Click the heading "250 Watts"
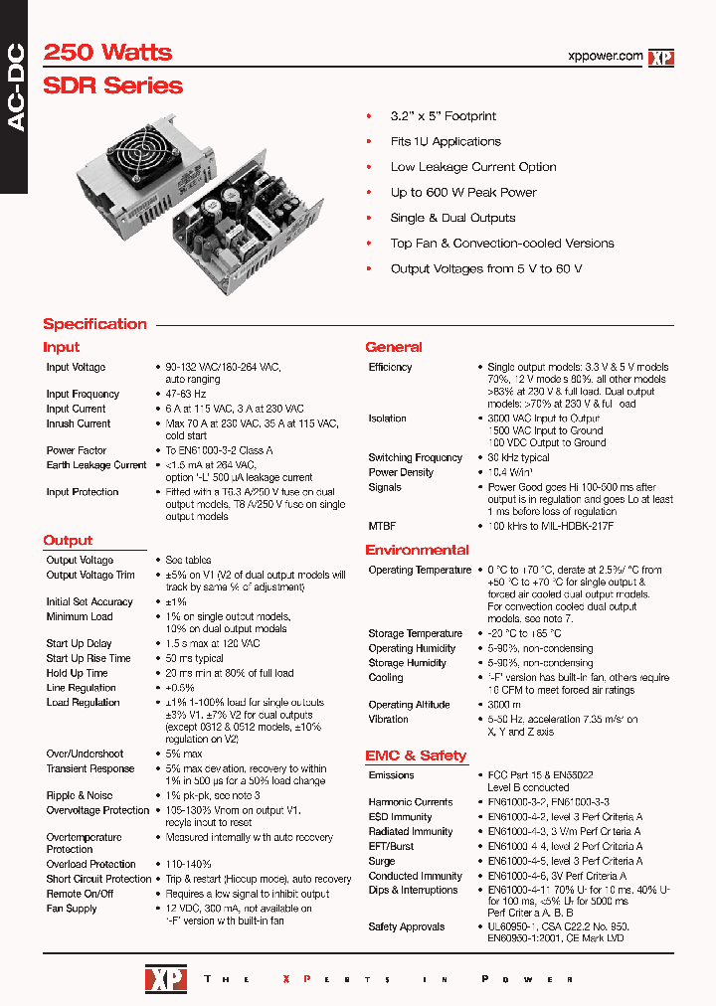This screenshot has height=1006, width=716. coord(107,53)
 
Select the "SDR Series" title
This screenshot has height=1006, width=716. coord(112,85)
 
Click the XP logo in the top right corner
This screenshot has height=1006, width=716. coord(661,58)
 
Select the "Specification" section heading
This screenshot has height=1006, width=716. coord(94,324)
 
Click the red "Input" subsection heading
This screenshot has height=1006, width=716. coord(61,347)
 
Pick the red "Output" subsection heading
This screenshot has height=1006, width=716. coord(68,541)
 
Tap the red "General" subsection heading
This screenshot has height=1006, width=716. coord(393,347)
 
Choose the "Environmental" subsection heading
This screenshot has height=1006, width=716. coord(417,550)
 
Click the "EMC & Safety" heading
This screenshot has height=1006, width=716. coord(415,755)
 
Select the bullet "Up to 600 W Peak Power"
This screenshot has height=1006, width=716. coord(462,193)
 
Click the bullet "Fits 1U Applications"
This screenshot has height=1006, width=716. coord(445,142)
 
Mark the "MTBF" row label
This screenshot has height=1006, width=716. coord(383,525)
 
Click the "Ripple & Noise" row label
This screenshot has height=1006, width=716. coord(79,795)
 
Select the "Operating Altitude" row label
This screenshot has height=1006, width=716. coord(411,705)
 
